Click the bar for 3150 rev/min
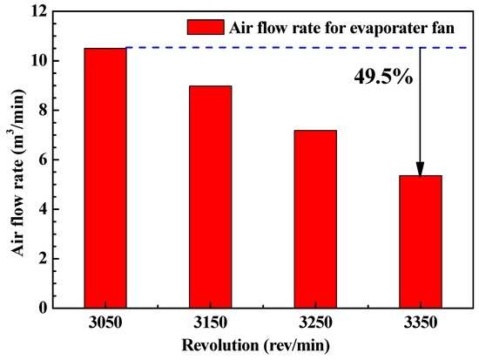click(x=210, y=197)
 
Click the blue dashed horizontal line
click(x=261, y=48)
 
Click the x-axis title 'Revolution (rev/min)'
click(x=261, y=345)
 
